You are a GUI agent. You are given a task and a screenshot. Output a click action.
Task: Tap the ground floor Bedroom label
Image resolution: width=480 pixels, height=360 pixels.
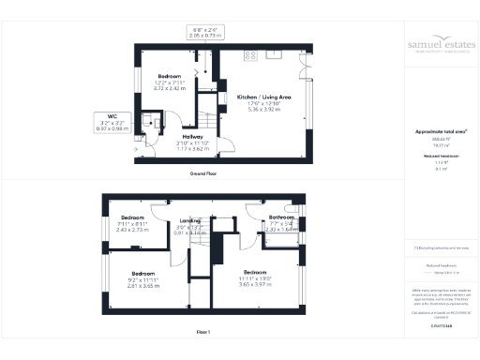[x=170, y=75]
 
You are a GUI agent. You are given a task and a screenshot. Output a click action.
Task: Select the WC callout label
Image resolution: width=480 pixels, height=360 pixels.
[x=111, y=119]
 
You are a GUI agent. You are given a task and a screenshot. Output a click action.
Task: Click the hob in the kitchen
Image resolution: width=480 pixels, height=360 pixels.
[x=250, y=55]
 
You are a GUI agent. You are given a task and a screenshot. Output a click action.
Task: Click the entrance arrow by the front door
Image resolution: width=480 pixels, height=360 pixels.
[x=136, y=149]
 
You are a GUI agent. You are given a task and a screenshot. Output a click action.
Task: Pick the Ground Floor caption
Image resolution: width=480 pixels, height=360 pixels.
[x=204, y=174]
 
